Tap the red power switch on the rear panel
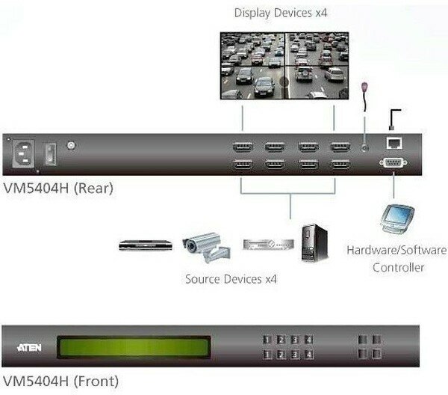pos(50,154)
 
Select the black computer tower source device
pos(314,242)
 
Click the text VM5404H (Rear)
pos(58,189)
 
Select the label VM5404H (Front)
pos(60,382)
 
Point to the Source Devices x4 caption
pos(231,279)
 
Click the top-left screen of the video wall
pos(252,49)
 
